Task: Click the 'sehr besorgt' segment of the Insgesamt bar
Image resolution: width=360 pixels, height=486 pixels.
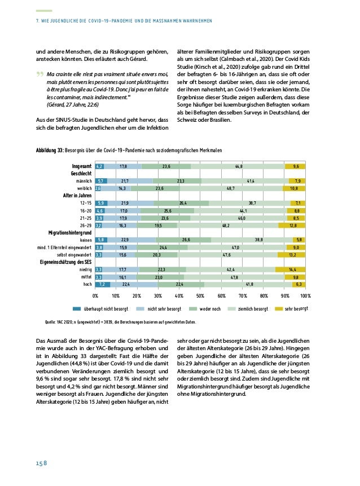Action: pos(296,166)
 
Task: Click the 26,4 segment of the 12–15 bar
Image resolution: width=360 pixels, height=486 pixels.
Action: pos(182,203)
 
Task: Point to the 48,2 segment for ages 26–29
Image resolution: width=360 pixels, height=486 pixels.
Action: pos(226,225)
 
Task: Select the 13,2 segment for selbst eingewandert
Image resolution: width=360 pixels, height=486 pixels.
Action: pos(292,255)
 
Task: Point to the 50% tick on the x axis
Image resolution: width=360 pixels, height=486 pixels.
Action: pos(200,295)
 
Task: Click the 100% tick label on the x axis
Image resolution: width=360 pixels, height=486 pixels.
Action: pos(305,295)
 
